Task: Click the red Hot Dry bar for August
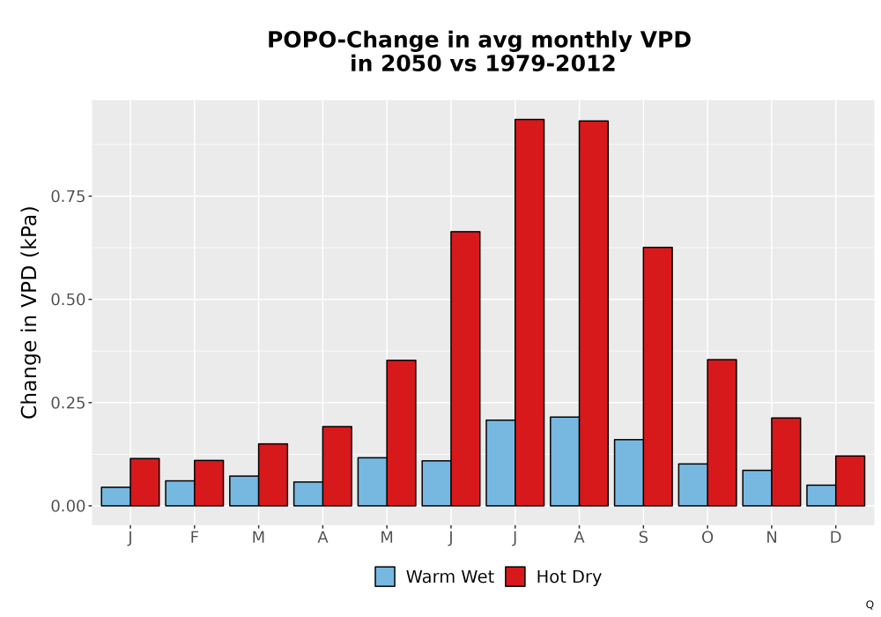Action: click(x=593, y=313)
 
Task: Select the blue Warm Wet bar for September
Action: click(x=629, y=472)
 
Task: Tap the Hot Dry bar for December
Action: click(x=850, y=481)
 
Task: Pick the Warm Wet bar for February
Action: click(x=180, y=494)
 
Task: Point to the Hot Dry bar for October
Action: click(x=722, y=433)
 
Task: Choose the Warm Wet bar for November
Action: click(x=757, y=487)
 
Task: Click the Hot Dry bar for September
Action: click(x=658, y=376)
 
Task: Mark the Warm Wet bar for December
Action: click(x=821, y=495)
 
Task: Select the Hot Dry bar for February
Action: click(x=209, y=483)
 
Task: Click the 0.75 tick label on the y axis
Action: click(x=69, y=196)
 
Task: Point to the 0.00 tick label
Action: click(x=69, y=506)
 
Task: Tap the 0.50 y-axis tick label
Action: click(x=69, y=300)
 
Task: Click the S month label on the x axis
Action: click(x=643, y=538)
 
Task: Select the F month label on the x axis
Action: click(x=195, y=538)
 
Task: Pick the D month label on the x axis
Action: click(x=835, y=538)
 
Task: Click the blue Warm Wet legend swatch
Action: click(x=385, y=576)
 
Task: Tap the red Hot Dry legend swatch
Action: click(x=515, y=576)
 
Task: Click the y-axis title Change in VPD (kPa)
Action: click(x=29, y=312)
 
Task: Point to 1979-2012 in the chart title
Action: click(x=550, y=63)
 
